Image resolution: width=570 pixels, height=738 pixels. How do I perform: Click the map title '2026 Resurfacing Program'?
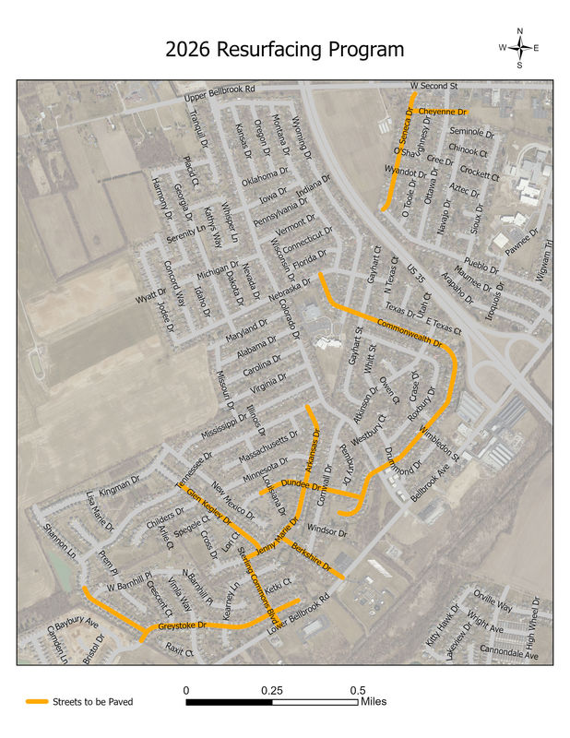pyautogui.click(x=284, y=50)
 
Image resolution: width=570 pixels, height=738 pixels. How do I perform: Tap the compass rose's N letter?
pyautogui.click(x=520, y=31)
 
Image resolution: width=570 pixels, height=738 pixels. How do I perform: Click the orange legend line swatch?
pyautogui.click(x=37, y=702)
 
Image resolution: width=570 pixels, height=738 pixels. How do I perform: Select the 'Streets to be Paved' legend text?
pyautogui.click(x=93, y=702)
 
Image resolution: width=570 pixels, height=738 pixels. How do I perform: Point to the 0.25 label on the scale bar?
pyautogui.click(x=271, y=690)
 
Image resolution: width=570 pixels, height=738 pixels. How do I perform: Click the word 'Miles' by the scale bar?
pyautogui.click(x=373, y=702)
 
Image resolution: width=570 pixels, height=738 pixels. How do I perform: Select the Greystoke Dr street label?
pyautogui.click(x=181, y=626)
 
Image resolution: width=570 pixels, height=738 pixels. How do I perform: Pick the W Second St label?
pyautogui.click(x=433, y=86)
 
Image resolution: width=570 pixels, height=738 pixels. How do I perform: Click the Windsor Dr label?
pyautogui.click(x=327, y=531)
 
